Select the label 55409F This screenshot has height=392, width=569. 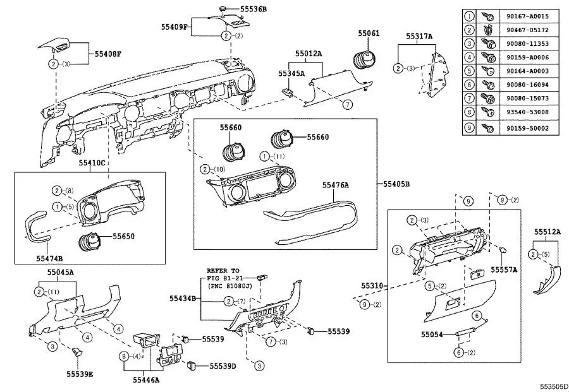(x=174, y=27)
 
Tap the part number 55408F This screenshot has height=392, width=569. (x=108, y=55)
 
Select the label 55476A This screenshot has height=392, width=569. (x=336, y=185)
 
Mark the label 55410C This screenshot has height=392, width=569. (x=92, y=163)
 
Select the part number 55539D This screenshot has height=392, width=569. (x=223, y=366)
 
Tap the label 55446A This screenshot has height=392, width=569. (x=146, y=380)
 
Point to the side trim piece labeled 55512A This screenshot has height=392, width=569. (x=548, y=280)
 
